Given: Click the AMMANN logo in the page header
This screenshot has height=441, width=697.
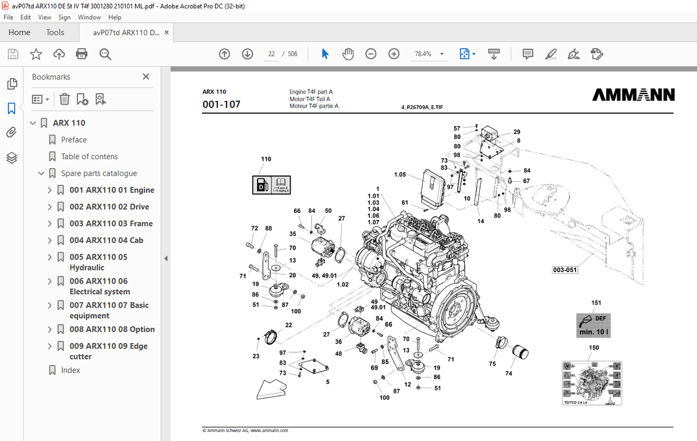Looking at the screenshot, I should coord(633,95).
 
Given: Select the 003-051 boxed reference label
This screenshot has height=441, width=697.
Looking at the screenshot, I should coord(565,270).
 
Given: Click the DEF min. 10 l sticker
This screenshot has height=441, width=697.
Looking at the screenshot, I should coord(594,325).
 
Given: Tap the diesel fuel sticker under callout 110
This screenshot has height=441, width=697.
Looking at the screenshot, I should coord(271,184).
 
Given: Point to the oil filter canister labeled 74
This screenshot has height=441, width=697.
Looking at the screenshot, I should coord(520,352).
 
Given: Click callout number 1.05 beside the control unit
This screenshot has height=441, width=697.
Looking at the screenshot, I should coord(400,175).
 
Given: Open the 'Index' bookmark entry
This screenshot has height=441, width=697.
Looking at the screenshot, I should coord(71,370).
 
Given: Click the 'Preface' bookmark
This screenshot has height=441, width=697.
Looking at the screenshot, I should coord(74,139).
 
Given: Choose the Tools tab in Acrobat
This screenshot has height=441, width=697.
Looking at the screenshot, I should coord(55,32).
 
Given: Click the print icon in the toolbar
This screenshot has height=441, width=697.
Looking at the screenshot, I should coord(82,54).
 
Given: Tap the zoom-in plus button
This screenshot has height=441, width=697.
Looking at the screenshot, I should coord(394,54).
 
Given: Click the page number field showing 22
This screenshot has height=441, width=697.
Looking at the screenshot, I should coord(271,54).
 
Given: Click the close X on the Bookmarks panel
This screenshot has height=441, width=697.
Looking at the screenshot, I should coord(146,76).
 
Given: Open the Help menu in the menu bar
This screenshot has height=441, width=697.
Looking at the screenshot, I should coord(115,17).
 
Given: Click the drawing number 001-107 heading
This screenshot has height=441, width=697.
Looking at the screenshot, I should coord(221,104).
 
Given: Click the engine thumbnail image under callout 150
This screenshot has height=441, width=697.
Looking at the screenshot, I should coord(592,383).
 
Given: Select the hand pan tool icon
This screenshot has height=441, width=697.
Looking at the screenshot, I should coord(348,54).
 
